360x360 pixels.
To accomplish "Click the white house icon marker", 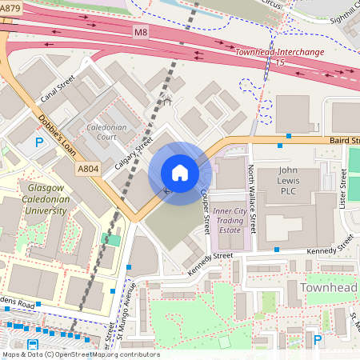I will pyautogui.click(x=180, y=173).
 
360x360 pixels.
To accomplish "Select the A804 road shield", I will pyautogui.click(x=88, y=170).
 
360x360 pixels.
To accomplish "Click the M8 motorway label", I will pyautogui.click(x=142, y=30).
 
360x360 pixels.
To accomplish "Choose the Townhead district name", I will pyautogui.click(x=325, y=286).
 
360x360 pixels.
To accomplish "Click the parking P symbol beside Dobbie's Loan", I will pyautogui.click(x=38, y=144).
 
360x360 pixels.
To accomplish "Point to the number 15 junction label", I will pyautogui.click(x=279, y=62).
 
